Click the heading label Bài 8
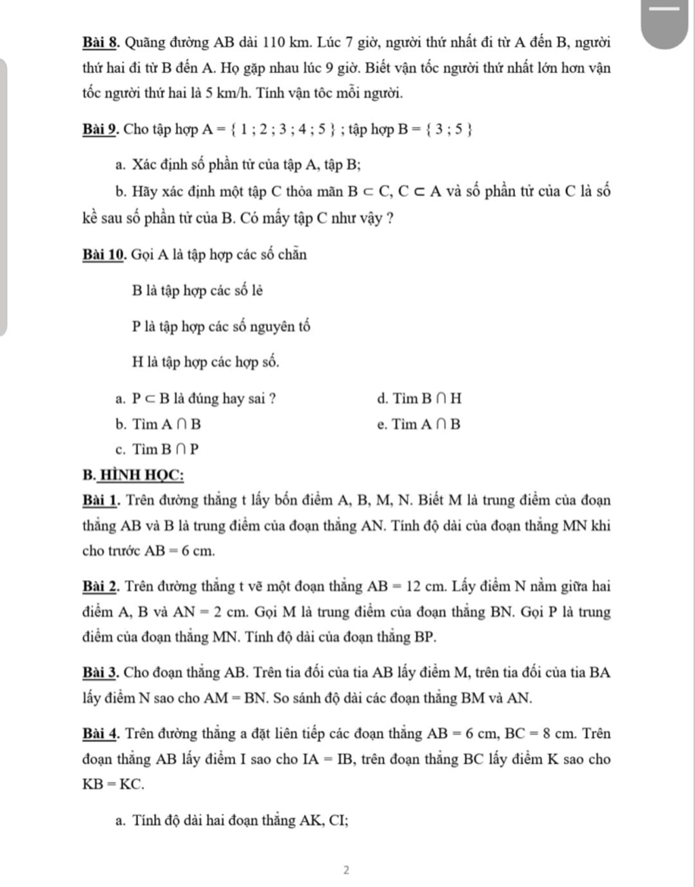(101, 43)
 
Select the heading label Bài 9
(101, 129)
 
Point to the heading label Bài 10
(105, 254)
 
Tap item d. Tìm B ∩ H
(419, 398)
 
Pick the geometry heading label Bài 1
(101, 501)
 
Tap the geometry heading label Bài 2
(101, 586)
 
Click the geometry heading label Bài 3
(101, 673)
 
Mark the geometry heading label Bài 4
(101, 734)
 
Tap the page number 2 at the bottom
(346, 869)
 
